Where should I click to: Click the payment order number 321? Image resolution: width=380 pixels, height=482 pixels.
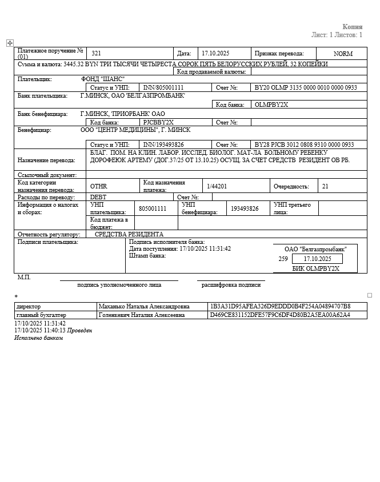coord(97,53)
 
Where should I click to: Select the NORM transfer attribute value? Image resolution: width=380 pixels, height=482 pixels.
coord(343,54)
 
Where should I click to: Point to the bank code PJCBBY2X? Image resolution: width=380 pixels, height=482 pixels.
coord(158,122)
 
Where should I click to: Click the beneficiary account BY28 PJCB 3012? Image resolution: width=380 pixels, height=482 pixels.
coord(304,145)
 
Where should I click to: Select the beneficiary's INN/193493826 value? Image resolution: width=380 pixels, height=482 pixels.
coord(163,145)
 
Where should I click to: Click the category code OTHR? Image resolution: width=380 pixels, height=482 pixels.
coord(98,186)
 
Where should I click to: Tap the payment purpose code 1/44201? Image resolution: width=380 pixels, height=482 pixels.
coord(217,186)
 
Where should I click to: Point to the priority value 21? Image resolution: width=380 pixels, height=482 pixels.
coord(325,186)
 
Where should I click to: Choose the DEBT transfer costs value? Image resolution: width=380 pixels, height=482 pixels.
coord(98,197)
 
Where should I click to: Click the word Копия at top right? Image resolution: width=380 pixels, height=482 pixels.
coord(352,27)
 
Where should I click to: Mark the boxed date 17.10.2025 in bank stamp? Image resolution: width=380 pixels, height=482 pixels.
coord(317,259)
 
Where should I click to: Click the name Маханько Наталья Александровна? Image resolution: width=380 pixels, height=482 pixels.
coord(140,307)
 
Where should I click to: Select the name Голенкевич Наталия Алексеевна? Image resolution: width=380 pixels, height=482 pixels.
coord(142,315)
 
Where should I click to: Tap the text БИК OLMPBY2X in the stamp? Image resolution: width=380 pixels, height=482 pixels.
coord(315,268)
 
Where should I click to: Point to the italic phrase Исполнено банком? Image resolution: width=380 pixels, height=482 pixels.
coord(38,338)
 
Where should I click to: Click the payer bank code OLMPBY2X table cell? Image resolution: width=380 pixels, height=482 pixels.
coord(271,105)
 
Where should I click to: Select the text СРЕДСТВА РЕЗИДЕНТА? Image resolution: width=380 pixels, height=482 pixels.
coord(129,234)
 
